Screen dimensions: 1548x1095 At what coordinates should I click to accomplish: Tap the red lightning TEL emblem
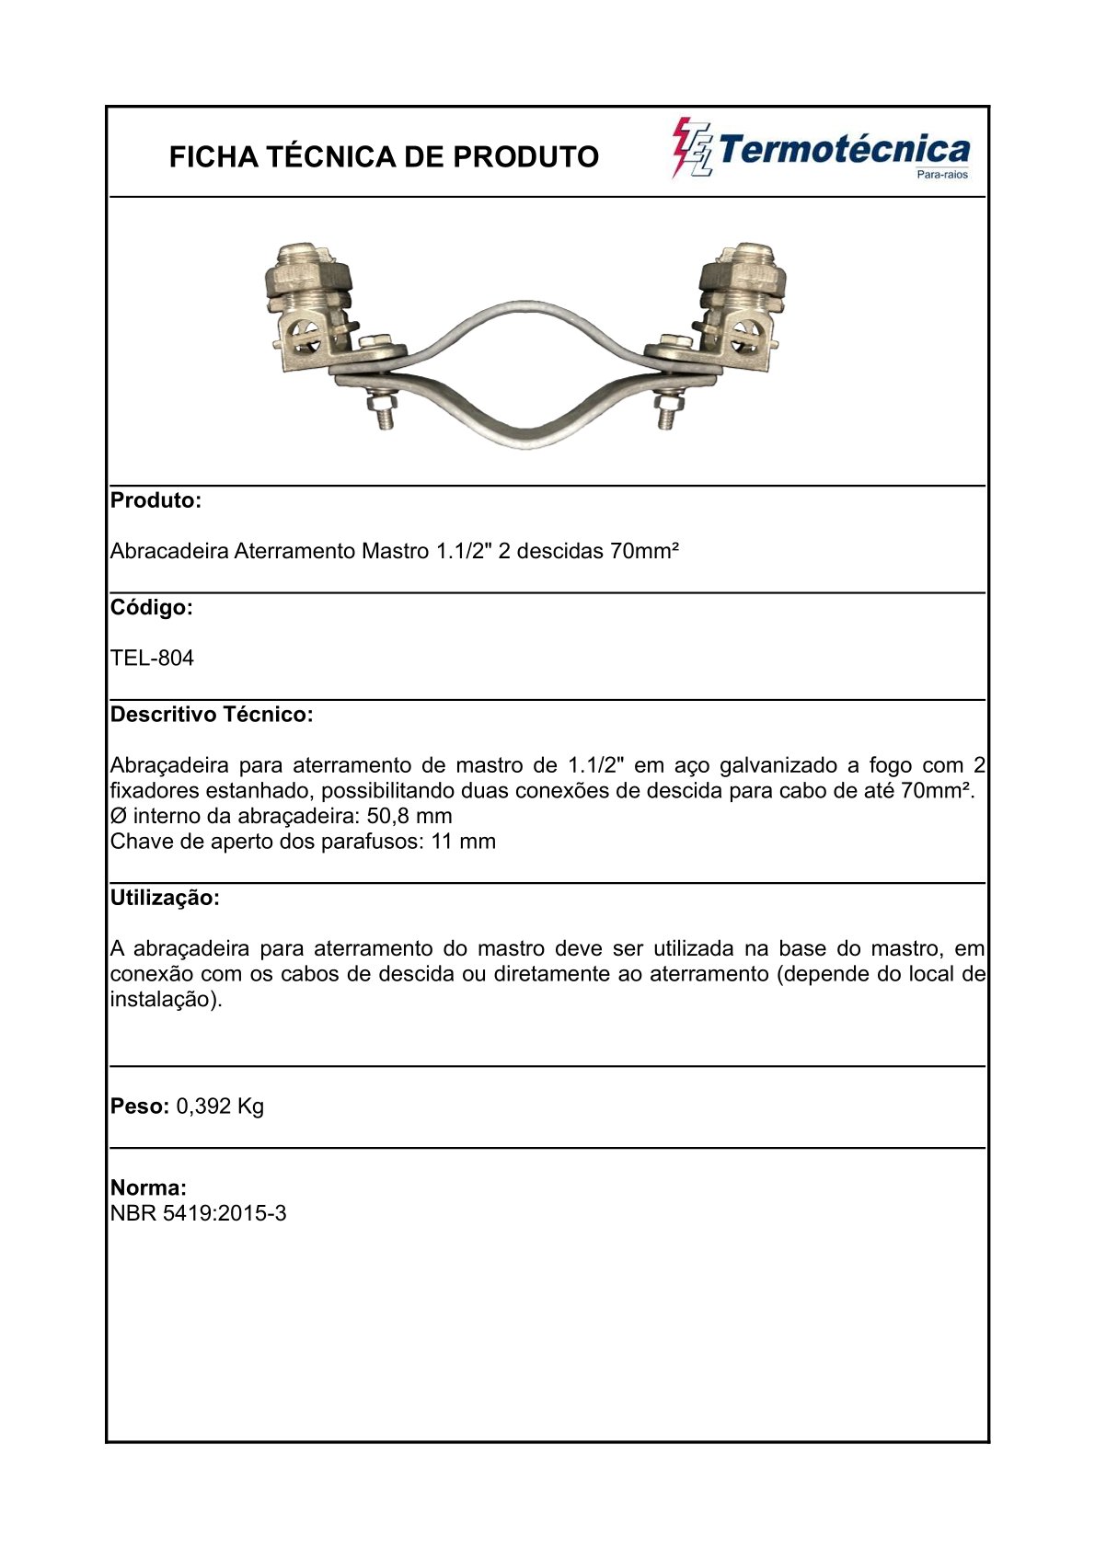click(692, 148)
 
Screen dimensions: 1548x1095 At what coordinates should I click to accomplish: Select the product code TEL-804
click(152, 659)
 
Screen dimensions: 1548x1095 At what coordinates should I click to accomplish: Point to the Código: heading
click(151, 608)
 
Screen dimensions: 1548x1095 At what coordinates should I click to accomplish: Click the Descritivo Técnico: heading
click(212, 715)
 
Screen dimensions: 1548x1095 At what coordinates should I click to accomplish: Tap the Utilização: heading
click(165, 899)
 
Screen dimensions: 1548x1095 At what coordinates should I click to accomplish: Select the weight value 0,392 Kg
click(220, 1107)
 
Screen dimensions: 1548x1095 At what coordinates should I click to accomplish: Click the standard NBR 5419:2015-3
click(198, 1214)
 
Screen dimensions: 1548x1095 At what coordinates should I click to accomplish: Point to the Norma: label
click(148, 1188)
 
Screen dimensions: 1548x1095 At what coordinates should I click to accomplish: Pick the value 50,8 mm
click(409, 817)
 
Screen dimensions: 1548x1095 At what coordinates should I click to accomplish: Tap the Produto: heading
click(156, 501)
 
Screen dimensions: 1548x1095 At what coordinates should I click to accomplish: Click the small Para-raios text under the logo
click(943, 175)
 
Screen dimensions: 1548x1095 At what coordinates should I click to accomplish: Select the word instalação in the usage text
click(162, 1000)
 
